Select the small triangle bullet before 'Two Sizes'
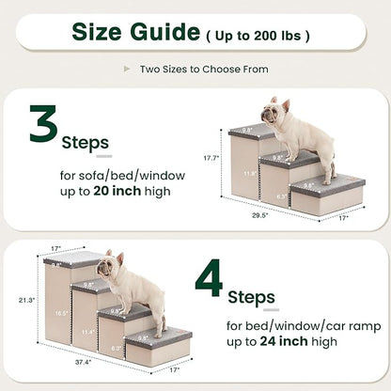pos(128,70)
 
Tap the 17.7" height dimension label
pos(212,159)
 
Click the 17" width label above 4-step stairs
pos(56,249)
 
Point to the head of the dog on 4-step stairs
pos(111,264)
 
